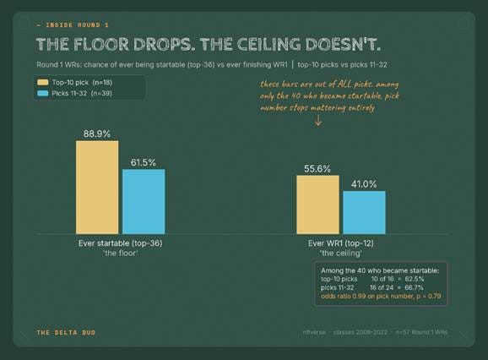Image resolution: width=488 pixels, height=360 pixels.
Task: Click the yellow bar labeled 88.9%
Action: point(97,187)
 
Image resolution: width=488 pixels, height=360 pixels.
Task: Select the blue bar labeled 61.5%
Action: point(144,201)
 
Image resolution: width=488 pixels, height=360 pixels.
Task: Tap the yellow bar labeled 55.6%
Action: point(317,205)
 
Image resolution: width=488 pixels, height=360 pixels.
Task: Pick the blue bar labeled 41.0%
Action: point(364,212)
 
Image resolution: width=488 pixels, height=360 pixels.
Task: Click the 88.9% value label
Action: point(97,134)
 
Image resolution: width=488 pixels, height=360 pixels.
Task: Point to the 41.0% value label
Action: point(364,184)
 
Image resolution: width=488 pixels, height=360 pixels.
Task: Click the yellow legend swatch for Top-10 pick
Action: point(43,82)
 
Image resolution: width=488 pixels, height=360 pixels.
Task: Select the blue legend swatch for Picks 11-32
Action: point(43,93)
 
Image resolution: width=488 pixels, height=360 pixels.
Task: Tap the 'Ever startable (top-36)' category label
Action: point(121,243)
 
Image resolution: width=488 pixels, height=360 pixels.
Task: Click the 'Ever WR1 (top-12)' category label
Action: point(341,243)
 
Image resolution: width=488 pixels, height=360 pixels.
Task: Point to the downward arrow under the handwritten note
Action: point(317,121)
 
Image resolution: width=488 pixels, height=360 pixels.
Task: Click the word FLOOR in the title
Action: point(101,44)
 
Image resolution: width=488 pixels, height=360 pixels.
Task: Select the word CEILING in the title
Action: point(268,44)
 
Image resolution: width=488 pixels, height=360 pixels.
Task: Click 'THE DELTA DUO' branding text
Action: point(66,333)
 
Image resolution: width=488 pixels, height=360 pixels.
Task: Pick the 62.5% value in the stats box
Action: point(415,279)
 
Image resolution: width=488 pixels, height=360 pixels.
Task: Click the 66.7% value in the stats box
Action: point(414,287)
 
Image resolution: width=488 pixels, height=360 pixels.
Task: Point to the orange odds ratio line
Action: point(381,296)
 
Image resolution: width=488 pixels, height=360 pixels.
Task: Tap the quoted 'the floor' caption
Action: point(121,253)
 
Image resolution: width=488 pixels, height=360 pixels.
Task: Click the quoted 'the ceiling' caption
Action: point(341,253)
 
